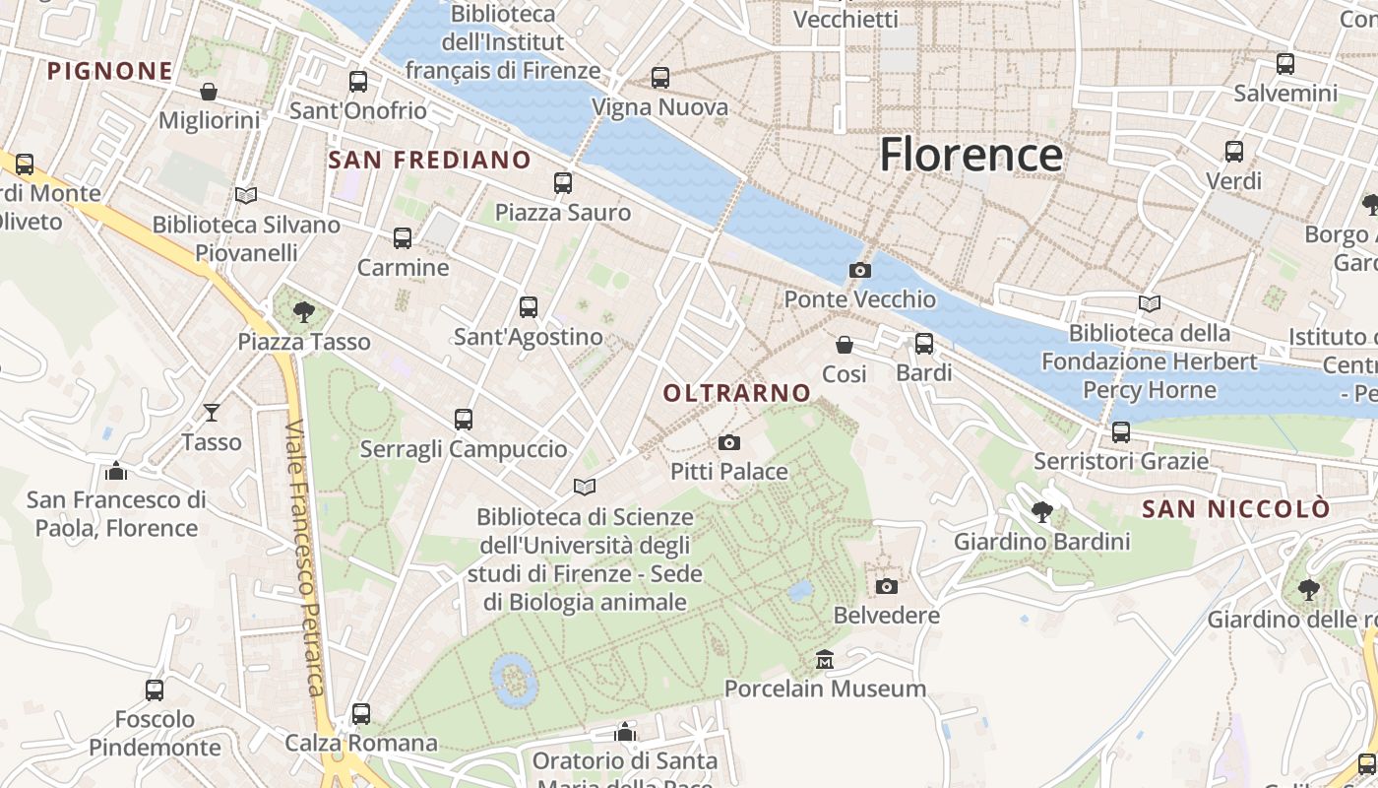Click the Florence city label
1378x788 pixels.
click(x=971, y=155)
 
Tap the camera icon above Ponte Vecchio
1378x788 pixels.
click(x=859, y=270)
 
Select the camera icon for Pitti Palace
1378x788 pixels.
click(x=729, y=442)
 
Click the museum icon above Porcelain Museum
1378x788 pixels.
click(x=825, y=659)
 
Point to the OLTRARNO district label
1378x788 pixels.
click(x=736, y=393)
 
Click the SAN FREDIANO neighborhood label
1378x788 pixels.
click(x=429, y=160)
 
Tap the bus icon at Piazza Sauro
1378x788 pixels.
click(x=562, y=183)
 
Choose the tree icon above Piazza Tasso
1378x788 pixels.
click(x=303, y=312)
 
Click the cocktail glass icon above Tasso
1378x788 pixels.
click(x=211, y=412)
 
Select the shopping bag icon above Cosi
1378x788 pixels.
click(x=844, y=345)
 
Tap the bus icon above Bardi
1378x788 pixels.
click(x=923, y=344)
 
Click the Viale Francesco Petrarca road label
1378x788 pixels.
click(x=305, y=557)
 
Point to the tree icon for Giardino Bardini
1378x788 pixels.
click(x=1041, y=511)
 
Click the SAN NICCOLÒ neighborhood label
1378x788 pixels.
click(x=1235, y=509)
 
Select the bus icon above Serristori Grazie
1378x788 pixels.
click(x=1120, y=431)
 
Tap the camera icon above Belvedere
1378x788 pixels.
click(x=886, y=586)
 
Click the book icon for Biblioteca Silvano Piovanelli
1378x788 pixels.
click(x=246, y=195)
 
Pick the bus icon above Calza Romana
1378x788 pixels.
click(x=361, y=713)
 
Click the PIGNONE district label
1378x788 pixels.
click(x=110, y=71)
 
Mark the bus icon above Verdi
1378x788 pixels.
click(x=1233, y=152)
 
